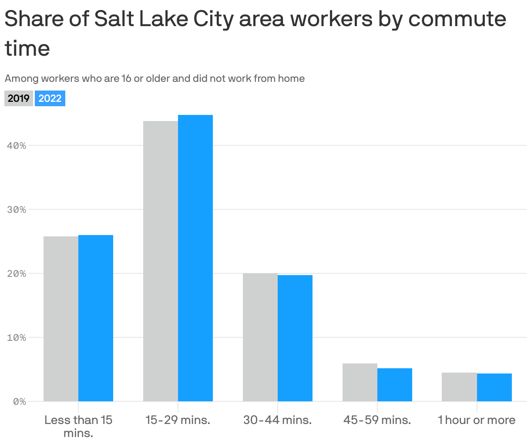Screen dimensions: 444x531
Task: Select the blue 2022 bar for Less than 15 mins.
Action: click(x=96, y=318)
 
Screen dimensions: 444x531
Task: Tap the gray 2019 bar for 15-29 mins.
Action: click(x=161, y=261)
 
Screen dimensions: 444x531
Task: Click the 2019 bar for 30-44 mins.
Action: click(x=260, y=337)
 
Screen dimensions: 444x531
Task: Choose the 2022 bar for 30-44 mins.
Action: click(x=295, y=338)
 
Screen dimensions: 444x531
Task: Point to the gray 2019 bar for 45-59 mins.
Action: click(x=360, y=382)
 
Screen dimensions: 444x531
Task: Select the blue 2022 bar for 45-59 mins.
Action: click(x=395, y=385)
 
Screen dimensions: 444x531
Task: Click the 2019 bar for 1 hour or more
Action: click(x=459, y=387)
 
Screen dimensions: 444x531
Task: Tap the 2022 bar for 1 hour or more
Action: click(x=494, y=387)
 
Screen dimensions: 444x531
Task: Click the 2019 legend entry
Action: click(x=19, y=98)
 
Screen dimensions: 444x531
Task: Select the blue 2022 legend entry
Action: click(x=50, y=98)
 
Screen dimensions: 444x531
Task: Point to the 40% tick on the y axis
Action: click(x=17, y=146)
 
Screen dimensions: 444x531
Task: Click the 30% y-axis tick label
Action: click(x=17, y=210)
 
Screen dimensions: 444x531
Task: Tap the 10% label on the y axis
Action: click(x=17, y=338)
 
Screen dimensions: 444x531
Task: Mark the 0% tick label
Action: click(x=19, y=402)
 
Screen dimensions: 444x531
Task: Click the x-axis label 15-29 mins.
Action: click(x=178, y=420)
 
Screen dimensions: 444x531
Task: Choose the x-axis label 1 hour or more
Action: click(x=477, y=420)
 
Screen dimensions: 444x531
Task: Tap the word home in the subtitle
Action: click(x=291, y=79)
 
